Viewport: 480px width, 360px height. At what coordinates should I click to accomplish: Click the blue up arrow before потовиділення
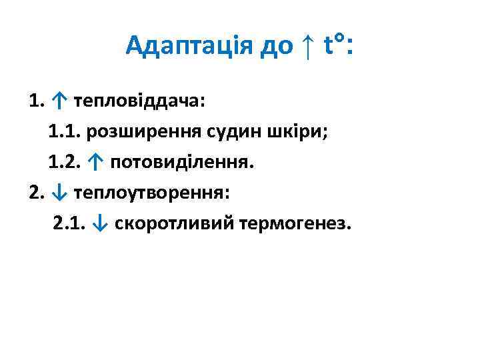pos(96,162)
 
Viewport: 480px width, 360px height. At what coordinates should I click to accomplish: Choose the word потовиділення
pos(181,162)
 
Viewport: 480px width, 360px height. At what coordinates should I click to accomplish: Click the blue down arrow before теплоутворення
pos(60,193)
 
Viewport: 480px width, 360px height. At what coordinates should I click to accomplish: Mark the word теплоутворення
pos(151,193)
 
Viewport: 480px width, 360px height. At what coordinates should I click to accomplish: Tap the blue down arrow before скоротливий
pos(101,223)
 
